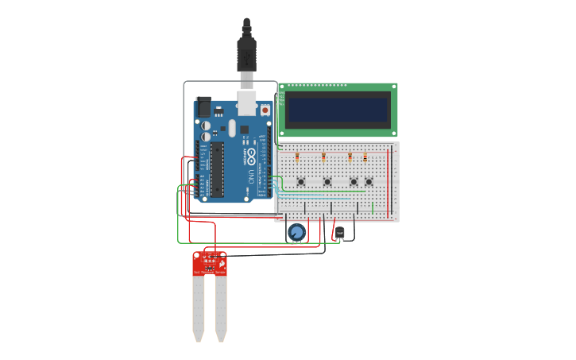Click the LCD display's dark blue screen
(x=338, y=110)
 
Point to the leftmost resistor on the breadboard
(x=297, y=157)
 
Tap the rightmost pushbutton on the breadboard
(x=369, y=182)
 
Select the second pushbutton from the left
(x=327, y=182)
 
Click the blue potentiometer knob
(x=296, y=232)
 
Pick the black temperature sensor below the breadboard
(x=340, y=233)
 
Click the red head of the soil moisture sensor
(x=209, y=263)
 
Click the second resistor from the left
(x=323, y=157)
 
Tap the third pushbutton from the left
(x=354, y=182)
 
